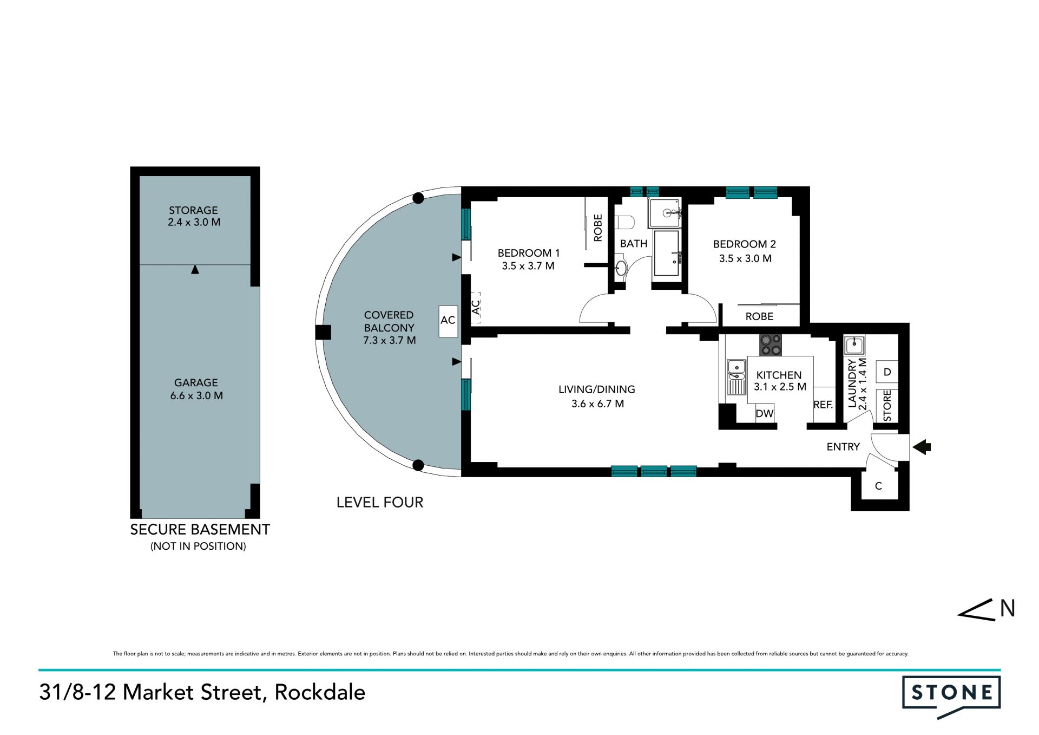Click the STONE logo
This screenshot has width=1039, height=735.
tap(951, 697)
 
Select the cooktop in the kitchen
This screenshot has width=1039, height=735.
tap(771, 345)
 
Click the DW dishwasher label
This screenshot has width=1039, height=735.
tap(765, 414)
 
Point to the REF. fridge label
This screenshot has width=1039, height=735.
tap(823, 405)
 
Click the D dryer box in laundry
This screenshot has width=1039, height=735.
tap(887, 372)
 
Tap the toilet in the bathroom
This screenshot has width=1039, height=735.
tap(625, 223)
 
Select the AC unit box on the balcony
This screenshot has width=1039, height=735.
tap(448, 321)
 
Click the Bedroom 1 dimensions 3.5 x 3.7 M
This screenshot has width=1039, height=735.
tap(528, 266)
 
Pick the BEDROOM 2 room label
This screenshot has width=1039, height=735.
tap(745, 244)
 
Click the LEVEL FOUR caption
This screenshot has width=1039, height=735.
tap(380, 502)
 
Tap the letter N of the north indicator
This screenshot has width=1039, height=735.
tap(1008, 609)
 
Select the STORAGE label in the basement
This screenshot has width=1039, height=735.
tap(193, 210)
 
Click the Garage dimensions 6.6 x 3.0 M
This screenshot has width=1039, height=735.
tap(196, 396)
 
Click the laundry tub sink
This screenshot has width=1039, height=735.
tap(854, 345)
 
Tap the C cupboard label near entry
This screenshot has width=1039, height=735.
tap(879, 486)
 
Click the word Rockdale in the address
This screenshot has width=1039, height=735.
tap(320, 692)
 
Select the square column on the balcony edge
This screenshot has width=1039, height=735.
tap(324, 332)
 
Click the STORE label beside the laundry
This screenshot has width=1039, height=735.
tap(887, 405)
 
